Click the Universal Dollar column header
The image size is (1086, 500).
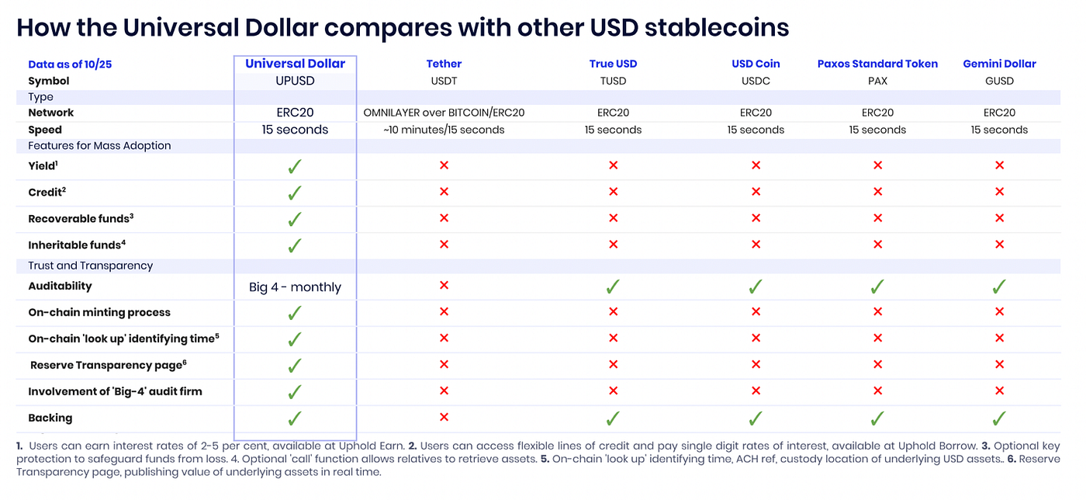(x=295, y=64)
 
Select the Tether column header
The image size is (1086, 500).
(x=444, y=64)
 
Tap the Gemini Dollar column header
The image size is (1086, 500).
(x=999, y=64)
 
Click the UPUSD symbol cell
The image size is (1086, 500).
(x=295, y=81)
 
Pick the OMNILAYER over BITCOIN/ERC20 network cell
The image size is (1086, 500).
(x=444, y=113)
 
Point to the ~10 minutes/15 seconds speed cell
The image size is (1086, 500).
(x=444, y=130)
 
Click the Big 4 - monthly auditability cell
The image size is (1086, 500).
(x=295, y=287)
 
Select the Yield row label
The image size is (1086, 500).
(x=42, y=165)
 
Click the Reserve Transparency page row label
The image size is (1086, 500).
(x=108, y=365)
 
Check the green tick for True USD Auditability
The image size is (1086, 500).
(x=613, y=287)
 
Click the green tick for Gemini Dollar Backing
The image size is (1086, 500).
(x=999, y=418)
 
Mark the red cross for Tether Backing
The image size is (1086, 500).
(x=444, y=418)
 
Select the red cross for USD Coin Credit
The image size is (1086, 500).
(x=756, y=192)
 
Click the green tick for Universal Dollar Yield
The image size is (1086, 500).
(x=295, y=165)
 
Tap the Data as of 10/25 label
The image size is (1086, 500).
(x=70, y=64)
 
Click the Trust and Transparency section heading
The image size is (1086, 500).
(x=91, y=266)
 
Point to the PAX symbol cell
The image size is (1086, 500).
(x=877, y=81)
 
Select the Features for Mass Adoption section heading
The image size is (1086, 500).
(x=99, y=146)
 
